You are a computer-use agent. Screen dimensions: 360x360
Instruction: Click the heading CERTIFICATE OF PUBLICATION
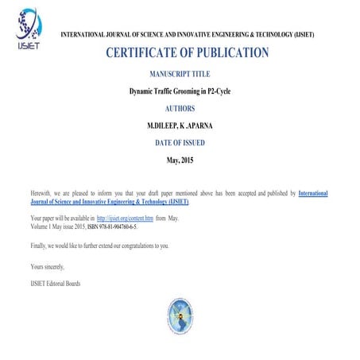click(x=187, y=53)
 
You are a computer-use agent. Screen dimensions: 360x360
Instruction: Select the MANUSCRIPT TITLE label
click(x=180, y=74)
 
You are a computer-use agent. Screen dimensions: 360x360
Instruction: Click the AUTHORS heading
click(x=180, y=109)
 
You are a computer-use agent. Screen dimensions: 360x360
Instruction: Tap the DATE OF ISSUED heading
click(x=180, y=144)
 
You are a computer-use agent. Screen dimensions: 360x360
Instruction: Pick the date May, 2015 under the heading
click(x=180, y=161)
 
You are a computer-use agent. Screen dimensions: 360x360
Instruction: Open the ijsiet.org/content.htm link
click(x=125, y=216)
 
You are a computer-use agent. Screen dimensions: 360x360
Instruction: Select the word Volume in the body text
click(x=40, y=226)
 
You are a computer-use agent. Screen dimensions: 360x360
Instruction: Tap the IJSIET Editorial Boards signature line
click(x=56, y=283)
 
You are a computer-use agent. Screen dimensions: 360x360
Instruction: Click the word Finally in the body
click(x=40, y=246)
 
